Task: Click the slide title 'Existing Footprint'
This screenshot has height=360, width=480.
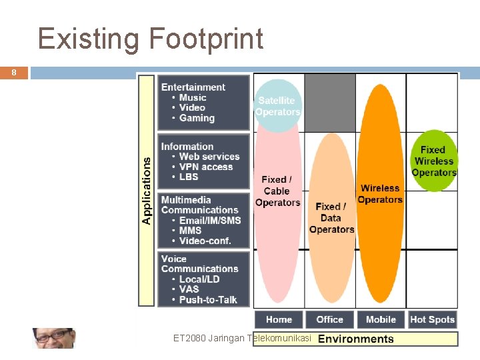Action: tap(151, 39)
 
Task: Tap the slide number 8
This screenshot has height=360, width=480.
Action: tap(13, 73)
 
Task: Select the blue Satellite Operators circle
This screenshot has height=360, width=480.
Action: tap(278, 106)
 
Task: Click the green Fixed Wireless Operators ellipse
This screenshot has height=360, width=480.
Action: tap(433, 161)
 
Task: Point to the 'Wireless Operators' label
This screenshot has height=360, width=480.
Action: tap(380, 194)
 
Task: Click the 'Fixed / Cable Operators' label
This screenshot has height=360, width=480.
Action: tap(277, 191)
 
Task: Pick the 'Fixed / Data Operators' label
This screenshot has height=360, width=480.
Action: tap(331, 218)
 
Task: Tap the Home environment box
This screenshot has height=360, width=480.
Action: tap(279, 319)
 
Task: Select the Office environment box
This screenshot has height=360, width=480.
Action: tap(329, 319)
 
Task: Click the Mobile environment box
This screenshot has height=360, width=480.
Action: tap(381, 319)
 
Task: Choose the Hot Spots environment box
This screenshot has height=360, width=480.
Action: tap(432, 319)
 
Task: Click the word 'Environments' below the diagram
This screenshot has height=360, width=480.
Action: tap(356, 339)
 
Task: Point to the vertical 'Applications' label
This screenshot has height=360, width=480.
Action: tap(147, 189)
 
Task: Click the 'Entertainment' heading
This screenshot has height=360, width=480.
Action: tap(193, 87)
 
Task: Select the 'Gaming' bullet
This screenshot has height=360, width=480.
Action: tap(197, 118)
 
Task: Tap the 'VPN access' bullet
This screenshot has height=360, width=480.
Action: tap(206, 167)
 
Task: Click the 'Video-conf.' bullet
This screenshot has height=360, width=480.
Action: tap(205, 241)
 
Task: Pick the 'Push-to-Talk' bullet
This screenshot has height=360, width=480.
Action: tap(208, 300)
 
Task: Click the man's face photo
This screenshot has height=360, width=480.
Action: tap(53, 338)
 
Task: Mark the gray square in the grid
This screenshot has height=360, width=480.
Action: tap(329, 102)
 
